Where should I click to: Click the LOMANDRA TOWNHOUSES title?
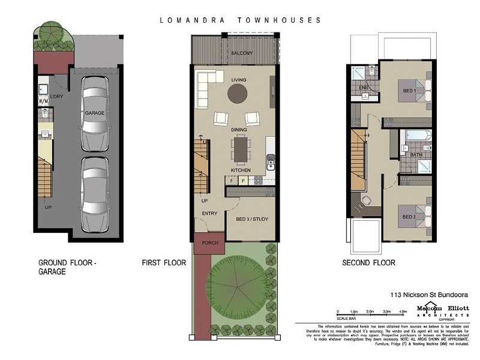241,19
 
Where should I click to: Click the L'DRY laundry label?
57,97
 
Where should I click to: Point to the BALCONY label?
241,53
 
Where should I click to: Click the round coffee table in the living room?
237,93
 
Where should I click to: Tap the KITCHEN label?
241,170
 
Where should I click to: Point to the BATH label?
416,155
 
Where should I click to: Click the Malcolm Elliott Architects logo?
442,311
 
